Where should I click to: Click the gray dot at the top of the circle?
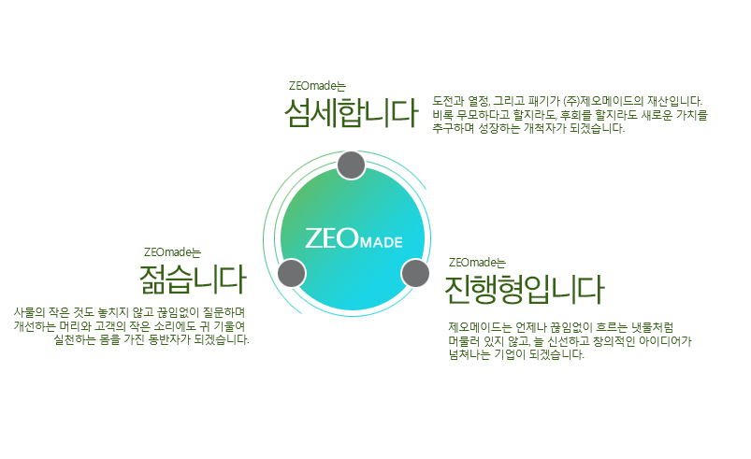tap(351, 165)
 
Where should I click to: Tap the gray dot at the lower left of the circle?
tap(291, 273)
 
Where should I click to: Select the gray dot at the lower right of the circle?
tap(414, 273)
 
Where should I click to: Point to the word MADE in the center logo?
tap(382, 242)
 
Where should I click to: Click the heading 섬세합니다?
tap(351, 113)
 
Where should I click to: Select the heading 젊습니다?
tap(193, 279)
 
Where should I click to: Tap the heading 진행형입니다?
tap(525, 289)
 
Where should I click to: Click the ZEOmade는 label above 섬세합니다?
tap(317, 86)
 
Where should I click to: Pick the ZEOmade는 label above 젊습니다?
tap(172, 252)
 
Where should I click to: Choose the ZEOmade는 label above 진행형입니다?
tap(477, 263)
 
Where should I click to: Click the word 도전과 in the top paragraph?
tap(448, 101)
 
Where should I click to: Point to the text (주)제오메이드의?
tap(603, 101)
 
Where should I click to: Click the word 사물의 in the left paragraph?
tap(29, 312)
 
